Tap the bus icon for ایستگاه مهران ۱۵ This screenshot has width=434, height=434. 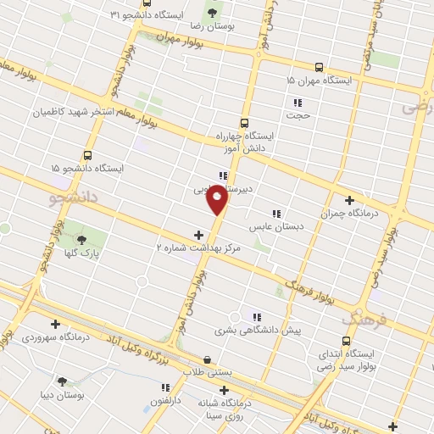pyautogui.click(x=319, y=66)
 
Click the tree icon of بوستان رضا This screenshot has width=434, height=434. pyautogui.click(x=211, y=14)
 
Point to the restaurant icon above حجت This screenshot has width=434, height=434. pyautogui.click(x=297, y=99)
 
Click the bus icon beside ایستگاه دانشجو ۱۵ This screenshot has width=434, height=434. pyautogui.click(x=87, y=155)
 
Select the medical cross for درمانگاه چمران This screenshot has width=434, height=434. pyautogui.click(x=349, y=200)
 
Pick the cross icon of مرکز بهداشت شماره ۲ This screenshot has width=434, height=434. pyautogui.click(x=199, y=235)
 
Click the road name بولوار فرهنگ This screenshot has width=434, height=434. pyautogui.click(x=305, y=287)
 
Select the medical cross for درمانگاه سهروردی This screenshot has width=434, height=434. pyautogui.click(x=55, y=323)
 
